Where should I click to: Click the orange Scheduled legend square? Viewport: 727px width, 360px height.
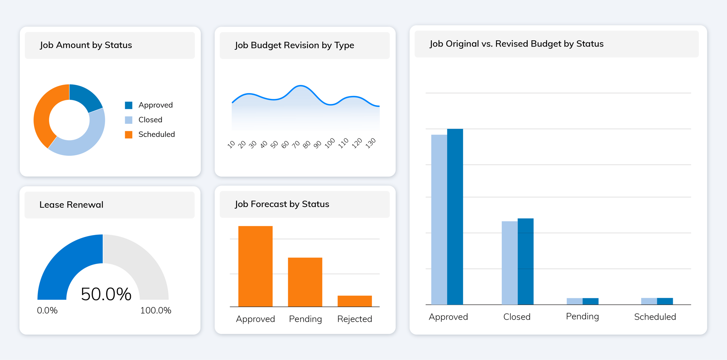[129, 135]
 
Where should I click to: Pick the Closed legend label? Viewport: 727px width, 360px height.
[150, 120]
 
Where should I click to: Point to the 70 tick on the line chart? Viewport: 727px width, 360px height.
[296, 145]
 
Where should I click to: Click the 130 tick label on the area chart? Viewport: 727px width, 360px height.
[370, 143]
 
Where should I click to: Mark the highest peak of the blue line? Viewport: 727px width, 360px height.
[301, 86]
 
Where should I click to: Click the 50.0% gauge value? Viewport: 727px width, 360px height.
[106, 294]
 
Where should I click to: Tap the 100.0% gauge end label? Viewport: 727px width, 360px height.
[156, 311]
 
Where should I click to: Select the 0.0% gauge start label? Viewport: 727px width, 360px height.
[47, 311]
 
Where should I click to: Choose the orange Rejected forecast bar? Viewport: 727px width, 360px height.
[354, 301]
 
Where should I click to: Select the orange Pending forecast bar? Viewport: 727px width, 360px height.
[305, 282]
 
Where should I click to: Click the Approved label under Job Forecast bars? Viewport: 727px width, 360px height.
[255, 319]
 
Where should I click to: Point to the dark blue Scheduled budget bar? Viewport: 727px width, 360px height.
[665, 301]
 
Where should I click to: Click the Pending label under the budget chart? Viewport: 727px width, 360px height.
[582, 316]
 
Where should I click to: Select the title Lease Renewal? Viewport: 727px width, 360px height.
[71, 205]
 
